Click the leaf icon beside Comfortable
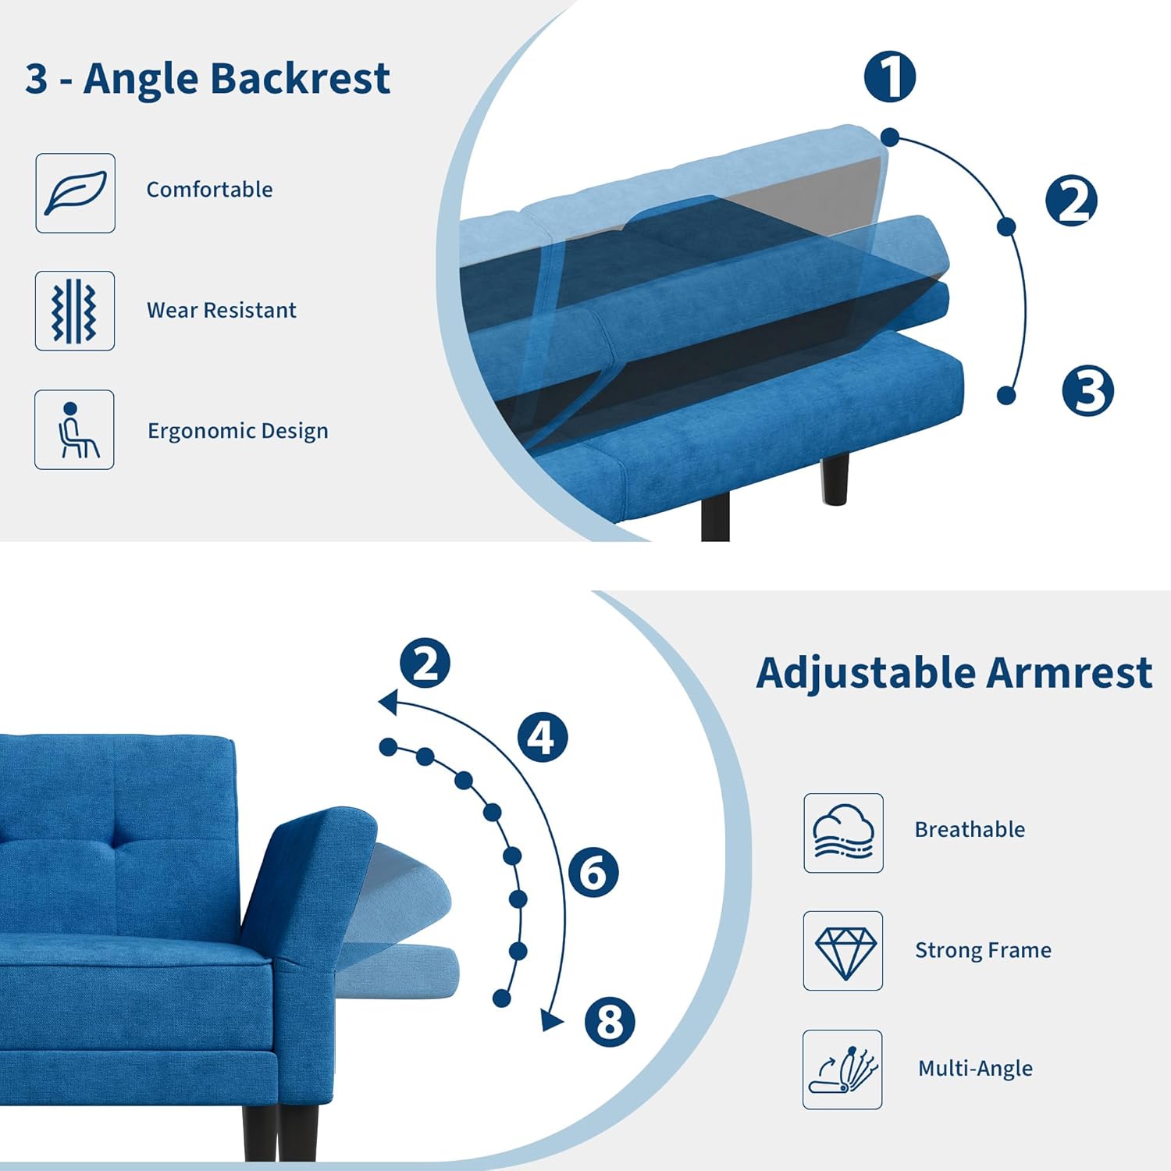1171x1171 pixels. pos(75,193)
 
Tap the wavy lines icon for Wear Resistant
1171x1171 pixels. pos(75,311)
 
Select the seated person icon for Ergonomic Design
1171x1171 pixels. pos(75,429)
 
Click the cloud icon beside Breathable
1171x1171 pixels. pos(843,833)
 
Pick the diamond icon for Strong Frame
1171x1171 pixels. pos(843,951)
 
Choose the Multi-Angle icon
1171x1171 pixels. pos(843,1070)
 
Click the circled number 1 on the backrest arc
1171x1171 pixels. pos(890,77)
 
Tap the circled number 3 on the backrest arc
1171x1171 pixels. pos(1088,390)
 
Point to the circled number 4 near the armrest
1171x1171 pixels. pos(543,736)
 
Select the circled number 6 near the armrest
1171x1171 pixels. pos(593,872)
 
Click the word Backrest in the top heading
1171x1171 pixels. pos(301,78)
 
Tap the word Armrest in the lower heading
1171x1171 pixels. pos(1070,673)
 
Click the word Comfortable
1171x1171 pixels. pos(209,190)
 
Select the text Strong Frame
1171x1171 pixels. pos(983,950)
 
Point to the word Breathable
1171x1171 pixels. pos(970,829)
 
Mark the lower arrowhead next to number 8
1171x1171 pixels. pos(552,1019)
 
